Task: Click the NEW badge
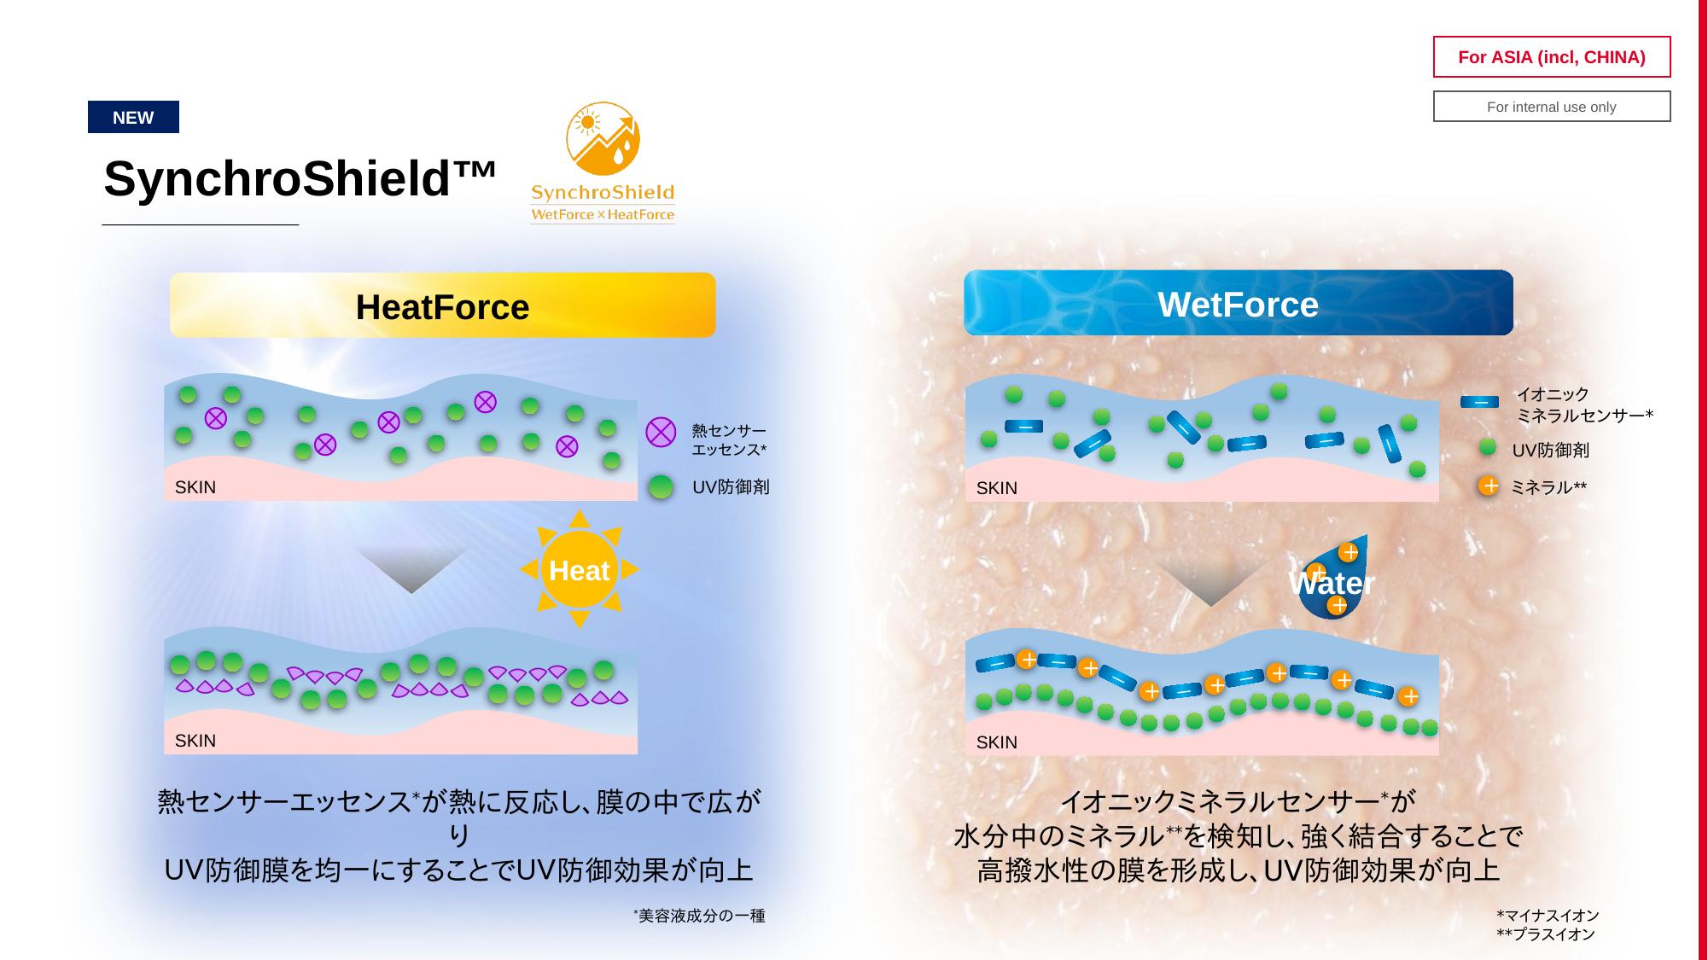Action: (x=133, y=117)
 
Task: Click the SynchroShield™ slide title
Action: (x=300, y=178)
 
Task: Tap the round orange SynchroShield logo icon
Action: (x=603, y=139)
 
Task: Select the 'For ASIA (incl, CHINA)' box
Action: (x=1551, y=57)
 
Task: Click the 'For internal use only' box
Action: (x=1551, y=107)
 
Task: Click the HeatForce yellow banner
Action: (x=442, y=305)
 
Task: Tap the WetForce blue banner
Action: (x=1238, y=303)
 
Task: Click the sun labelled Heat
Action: (x=579, y=569)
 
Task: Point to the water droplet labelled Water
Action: (x=1333, y=578)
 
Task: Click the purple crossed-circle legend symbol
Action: (x=661, y=432)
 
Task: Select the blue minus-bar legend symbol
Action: (x=1479, y=402)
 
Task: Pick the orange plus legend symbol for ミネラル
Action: (x=1489, y=486)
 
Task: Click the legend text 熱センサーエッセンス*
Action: (x=729, y=440)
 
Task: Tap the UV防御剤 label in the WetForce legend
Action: (x=1550, y=451)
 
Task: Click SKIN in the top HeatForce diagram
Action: (x=195, y=487)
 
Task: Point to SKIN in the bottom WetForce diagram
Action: (x=997, y=742)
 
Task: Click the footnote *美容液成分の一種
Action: (x=699, y=916)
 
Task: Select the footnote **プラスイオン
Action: (x=1546, y=934)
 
